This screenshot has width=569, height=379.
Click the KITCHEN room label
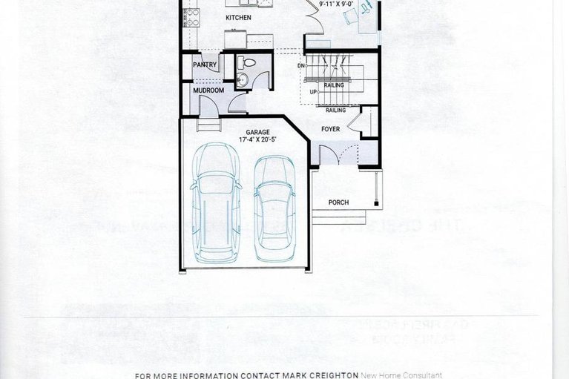click(x=238, y=17)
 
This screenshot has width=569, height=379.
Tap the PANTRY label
click(x=205, y=65)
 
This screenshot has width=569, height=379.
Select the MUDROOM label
click(x=208, y=90)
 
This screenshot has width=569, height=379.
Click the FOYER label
click(x=330, y=129)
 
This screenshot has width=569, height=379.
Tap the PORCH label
click(x=338, y=202)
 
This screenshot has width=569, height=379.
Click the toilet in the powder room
click(x=249, y=62)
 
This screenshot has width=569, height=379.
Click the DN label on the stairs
click(x=302, y=65)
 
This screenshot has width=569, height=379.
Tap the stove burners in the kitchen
click(x=191, y=17)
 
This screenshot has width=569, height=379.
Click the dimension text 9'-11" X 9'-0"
click(x=335, y=4)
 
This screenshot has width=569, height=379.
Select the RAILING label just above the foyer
click(x=335, y=110)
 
